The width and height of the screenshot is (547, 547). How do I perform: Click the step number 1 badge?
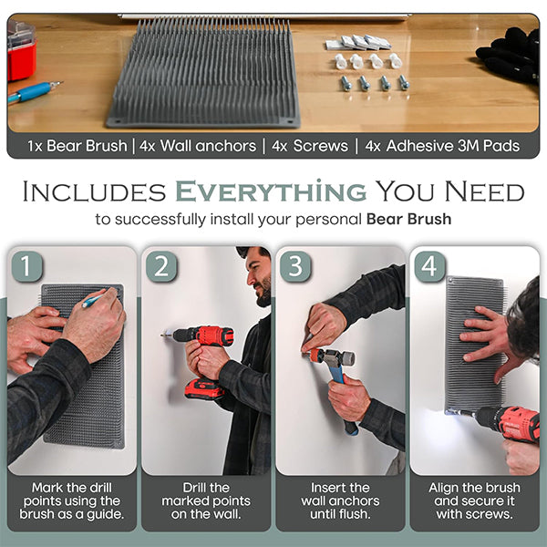26,266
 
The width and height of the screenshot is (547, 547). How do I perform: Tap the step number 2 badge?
161,266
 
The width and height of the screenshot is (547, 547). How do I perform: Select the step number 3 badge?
295,266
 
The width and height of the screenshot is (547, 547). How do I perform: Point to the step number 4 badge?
429,266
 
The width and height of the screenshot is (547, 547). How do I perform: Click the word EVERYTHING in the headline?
271,191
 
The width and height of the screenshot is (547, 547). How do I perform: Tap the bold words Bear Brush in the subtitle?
408,220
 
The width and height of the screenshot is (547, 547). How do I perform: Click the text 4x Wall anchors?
198,146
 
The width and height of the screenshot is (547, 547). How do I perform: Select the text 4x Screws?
310,146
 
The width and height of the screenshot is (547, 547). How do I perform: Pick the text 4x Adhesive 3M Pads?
442,146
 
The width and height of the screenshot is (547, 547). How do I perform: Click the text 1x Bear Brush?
77,146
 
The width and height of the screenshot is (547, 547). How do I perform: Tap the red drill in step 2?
201,359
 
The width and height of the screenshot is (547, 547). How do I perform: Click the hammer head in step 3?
333,357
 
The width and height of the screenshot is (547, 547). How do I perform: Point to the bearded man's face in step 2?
259,279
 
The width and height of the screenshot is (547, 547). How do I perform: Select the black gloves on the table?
509,55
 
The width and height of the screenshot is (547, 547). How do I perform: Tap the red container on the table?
22,52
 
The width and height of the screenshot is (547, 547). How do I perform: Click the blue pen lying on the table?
35,92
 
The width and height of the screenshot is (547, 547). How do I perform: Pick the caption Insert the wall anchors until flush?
340,501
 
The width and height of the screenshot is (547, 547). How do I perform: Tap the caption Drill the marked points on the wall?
206,501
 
